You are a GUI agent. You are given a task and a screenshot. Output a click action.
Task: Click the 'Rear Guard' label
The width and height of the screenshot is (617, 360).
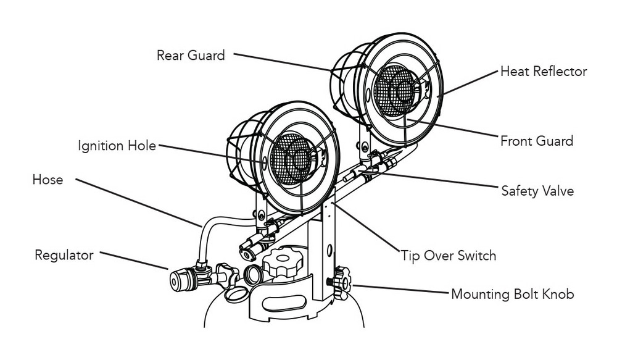(191, 55)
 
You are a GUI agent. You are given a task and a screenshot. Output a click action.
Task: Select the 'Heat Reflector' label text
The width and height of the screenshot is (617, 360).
(543, 72)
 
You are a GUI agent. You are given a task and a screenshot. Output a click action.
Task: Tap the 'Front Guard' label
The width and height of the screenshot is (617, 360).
(536, 141)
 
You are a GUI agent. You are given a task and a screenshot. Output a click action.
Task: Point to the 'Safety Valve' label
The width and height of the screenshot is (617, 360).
(537, 191)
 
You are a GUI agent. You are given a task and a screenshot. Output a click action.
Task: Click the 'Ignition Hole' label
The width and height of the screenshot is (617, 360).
(117, 146)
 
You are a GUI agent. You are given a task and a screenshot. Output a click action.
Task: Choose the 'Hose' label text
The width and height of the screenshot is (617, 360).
(48, 180)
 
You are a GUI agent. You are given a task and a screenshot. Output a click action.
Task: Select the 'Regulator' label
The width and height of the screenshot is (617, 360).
(64, 254)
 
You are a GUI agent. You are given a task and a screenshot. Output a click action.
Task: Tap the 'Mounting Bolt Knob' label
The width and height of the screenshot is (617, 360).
(512, 293)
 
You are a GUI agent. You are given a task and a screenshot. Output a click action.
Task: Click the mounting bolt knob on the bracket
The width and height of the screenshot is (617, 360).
(341, 282)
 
